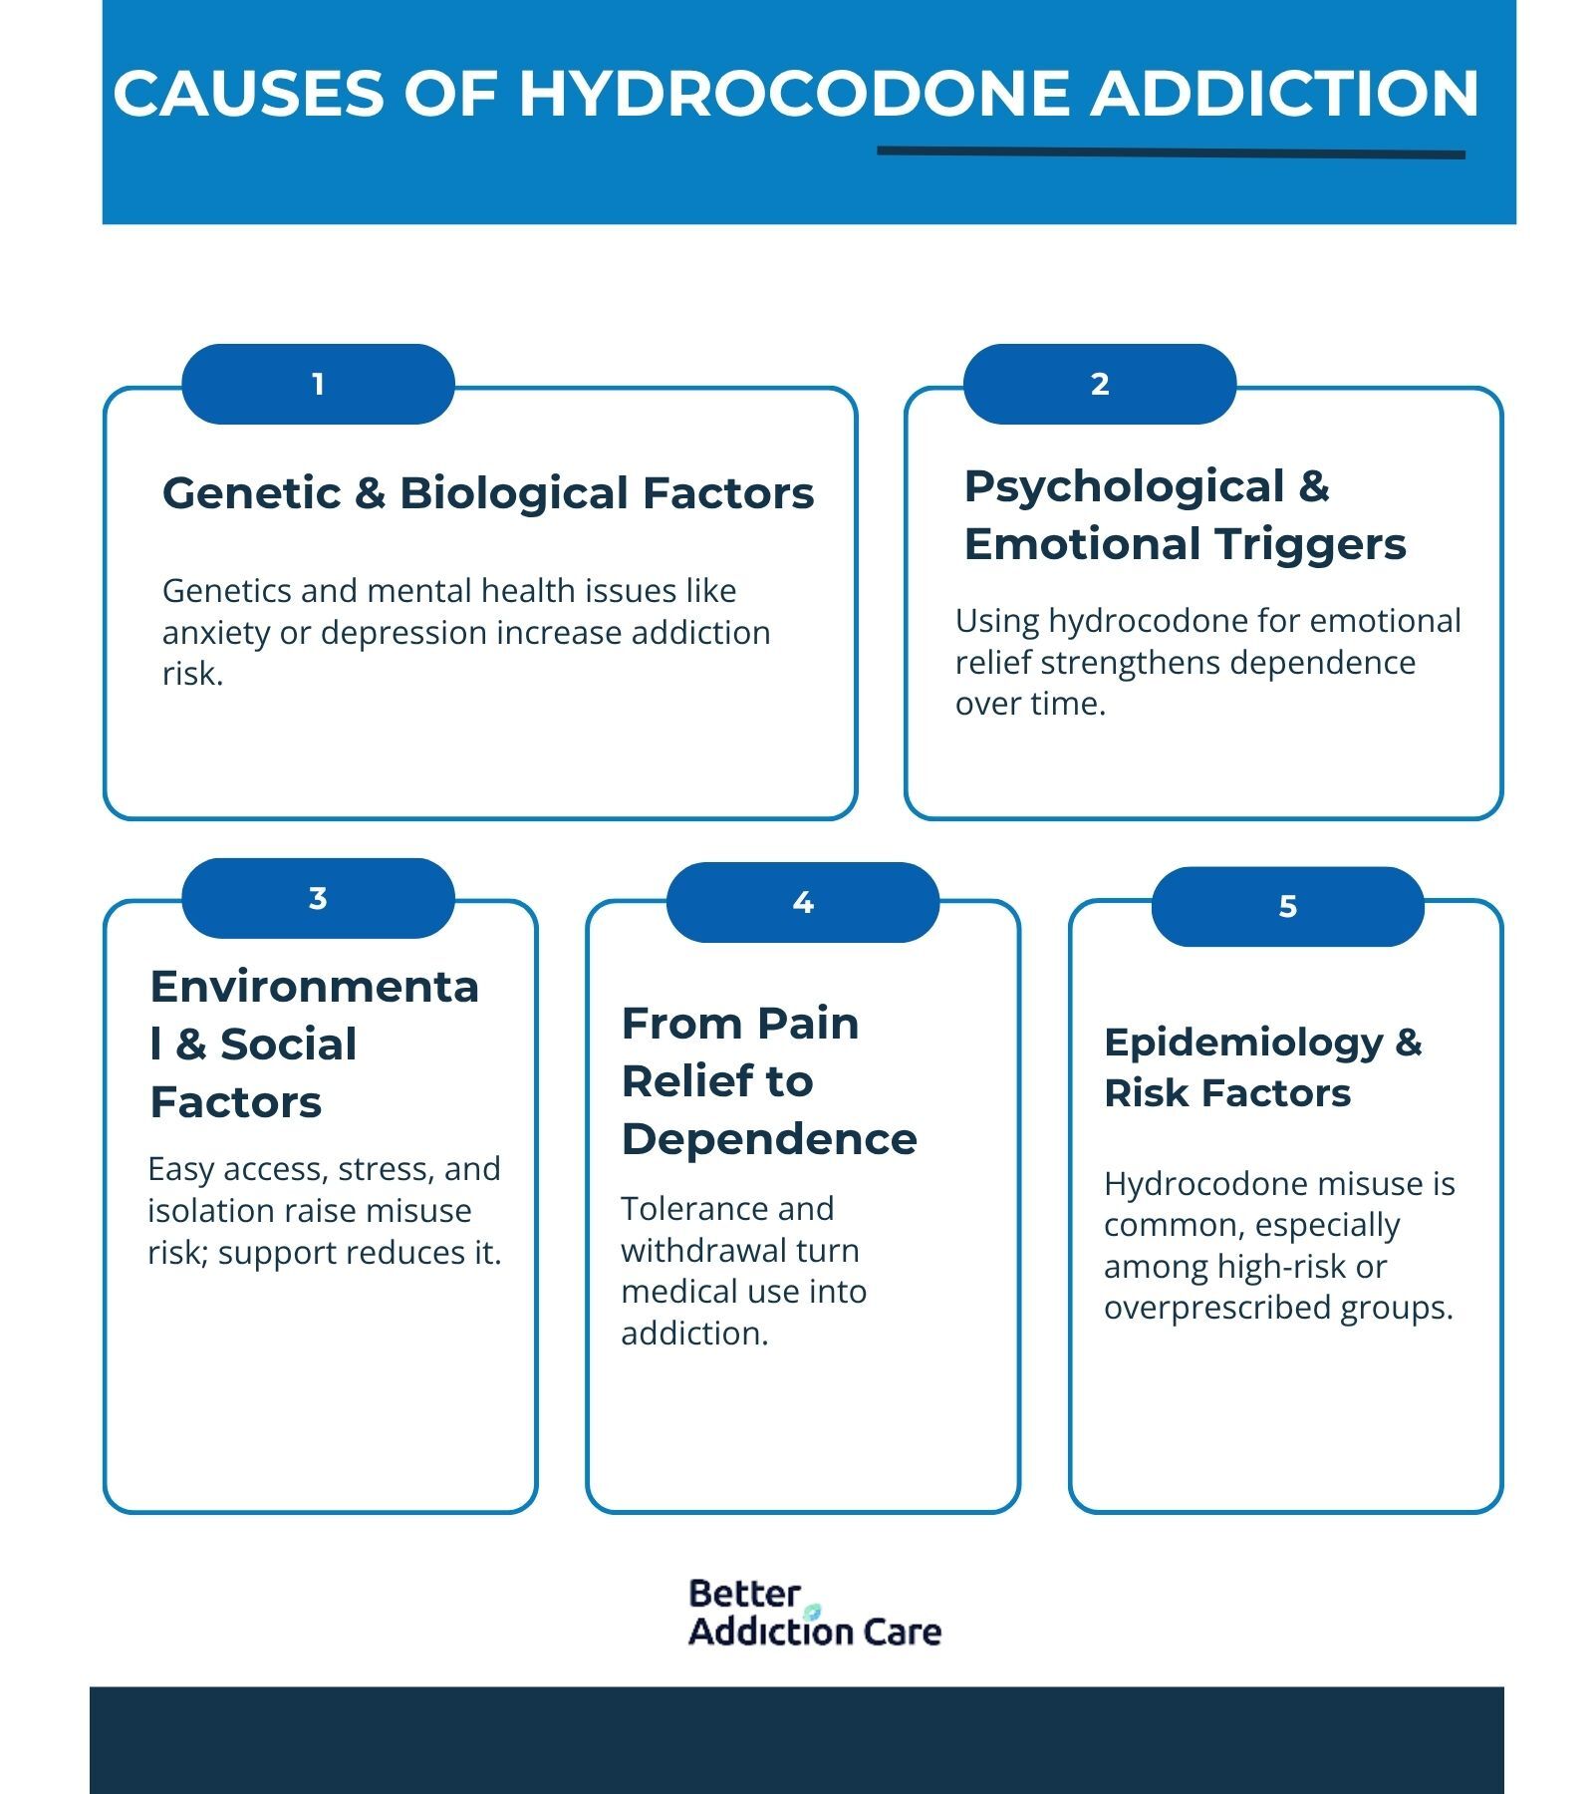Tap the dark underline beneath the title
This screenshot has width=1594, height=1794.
1171,152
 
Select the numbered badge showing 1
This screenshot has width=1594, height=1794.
318,385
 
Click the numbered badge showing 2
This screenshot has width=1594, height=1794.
1100,385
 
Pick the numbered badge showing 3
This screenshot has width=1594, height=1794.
318,898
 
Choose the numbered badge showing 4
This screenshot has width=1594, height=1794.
803,903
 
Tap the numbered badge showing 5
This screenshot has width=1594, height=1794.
1287,907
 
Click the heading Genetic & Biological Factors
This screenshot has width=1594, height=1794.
488,493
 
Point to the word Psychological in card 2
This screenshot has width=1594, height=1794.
1124,486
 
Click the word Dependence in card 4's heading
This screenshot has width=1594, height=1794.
769,1139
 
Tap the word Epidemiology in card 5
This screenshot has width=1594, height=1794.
1243,1043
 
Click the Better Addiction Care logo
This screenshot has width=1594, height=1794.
814,1612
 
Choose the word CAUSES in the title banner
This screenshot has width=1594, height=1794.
249,94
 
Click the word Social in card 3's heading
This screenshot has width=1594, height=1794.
288,1045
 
